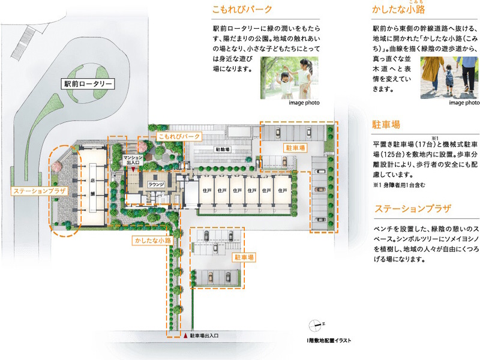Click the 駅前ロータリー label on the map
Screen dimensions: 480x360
89,84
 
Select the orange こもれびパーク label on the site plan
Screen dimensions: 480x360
178,137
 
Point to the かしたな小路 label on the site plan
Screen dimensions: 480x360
152,241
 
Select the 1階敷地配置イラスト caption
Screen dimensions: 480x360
328,341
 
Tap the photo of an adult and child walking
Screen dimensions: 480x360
448,77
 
